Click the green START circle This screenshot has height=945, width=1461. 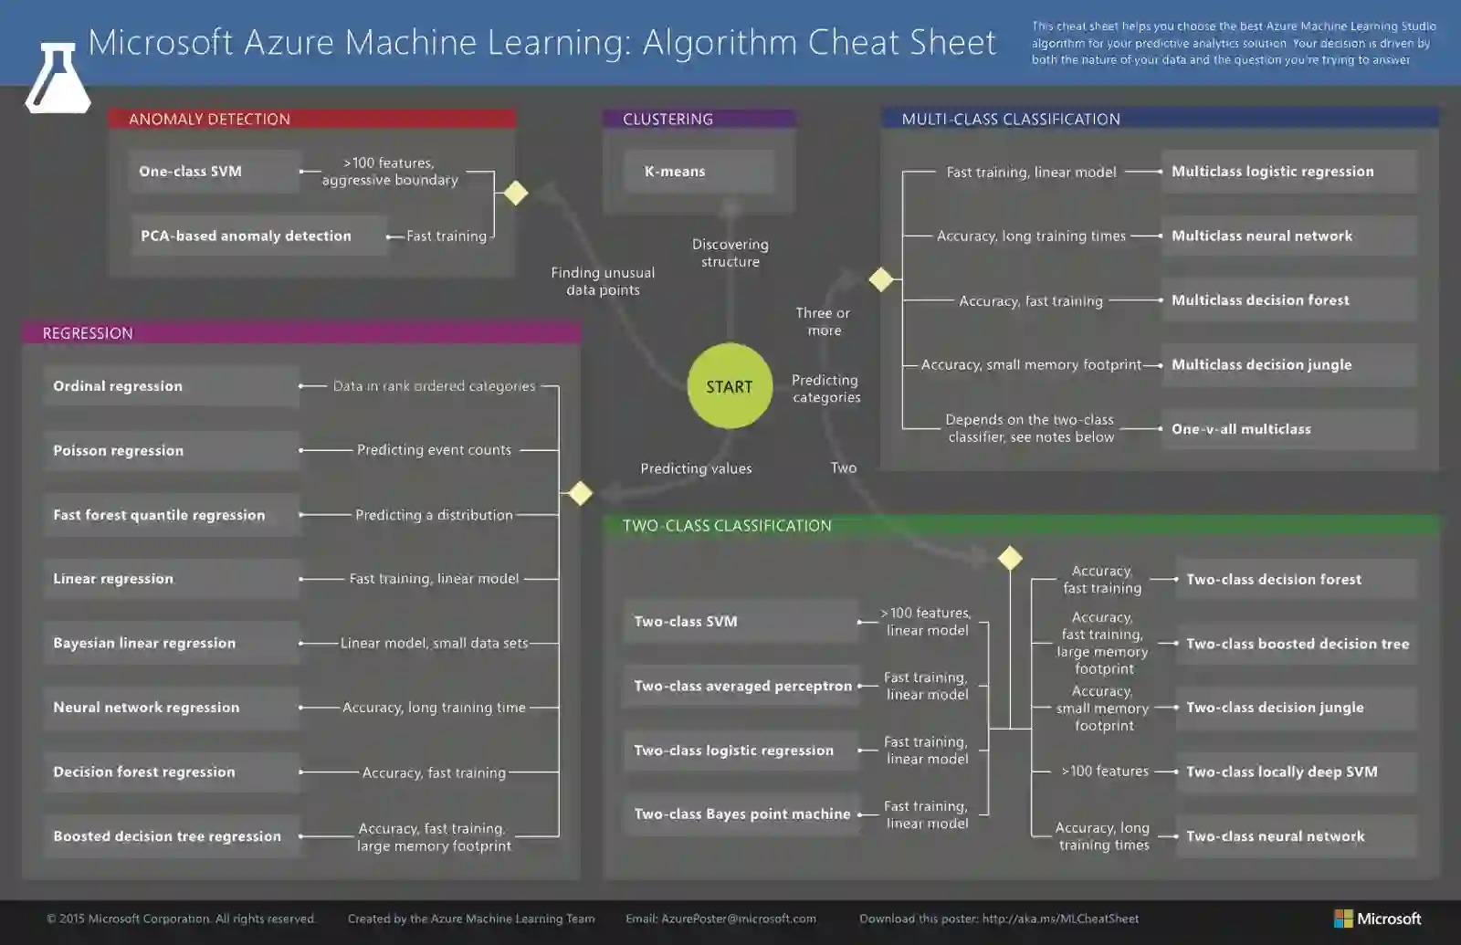pos(730,386)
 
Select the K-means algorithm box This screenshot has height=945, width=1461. pos(699,172)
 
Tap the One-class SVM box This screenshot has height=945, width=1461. pos(215,172)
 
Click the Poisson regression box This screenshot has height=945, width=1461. pos(170,451)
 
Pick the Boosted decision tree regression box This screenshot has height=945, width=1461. pos(170,836)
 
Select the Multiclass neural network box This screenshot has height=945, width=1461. pos(1288,236)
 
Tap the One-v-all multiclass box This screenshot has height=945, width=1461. pos(1288,429)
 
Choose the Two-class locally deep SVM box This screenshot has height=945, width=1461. pos(1295,772)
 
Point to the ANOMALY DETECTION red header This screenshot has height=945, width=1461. pos(311,119)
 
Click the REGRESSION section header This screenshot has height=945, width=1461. pos(301,333)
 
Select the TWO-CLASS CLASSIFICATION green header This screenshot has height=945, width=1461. pos(1021,526)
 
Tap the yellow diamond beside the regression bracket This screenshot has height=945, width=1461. pos(581,493)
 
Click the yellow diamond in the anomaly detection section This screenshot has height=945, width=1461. pos(516,194)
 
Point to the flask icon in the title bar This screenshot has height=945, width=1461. pos(57,79)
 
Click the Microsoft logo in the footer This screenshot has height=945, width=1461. pos(1377,919)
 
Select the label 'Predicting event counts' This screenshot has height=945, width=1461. pos(434,450)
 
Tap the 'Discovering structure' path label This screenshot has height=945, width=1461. pos(730,253)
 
